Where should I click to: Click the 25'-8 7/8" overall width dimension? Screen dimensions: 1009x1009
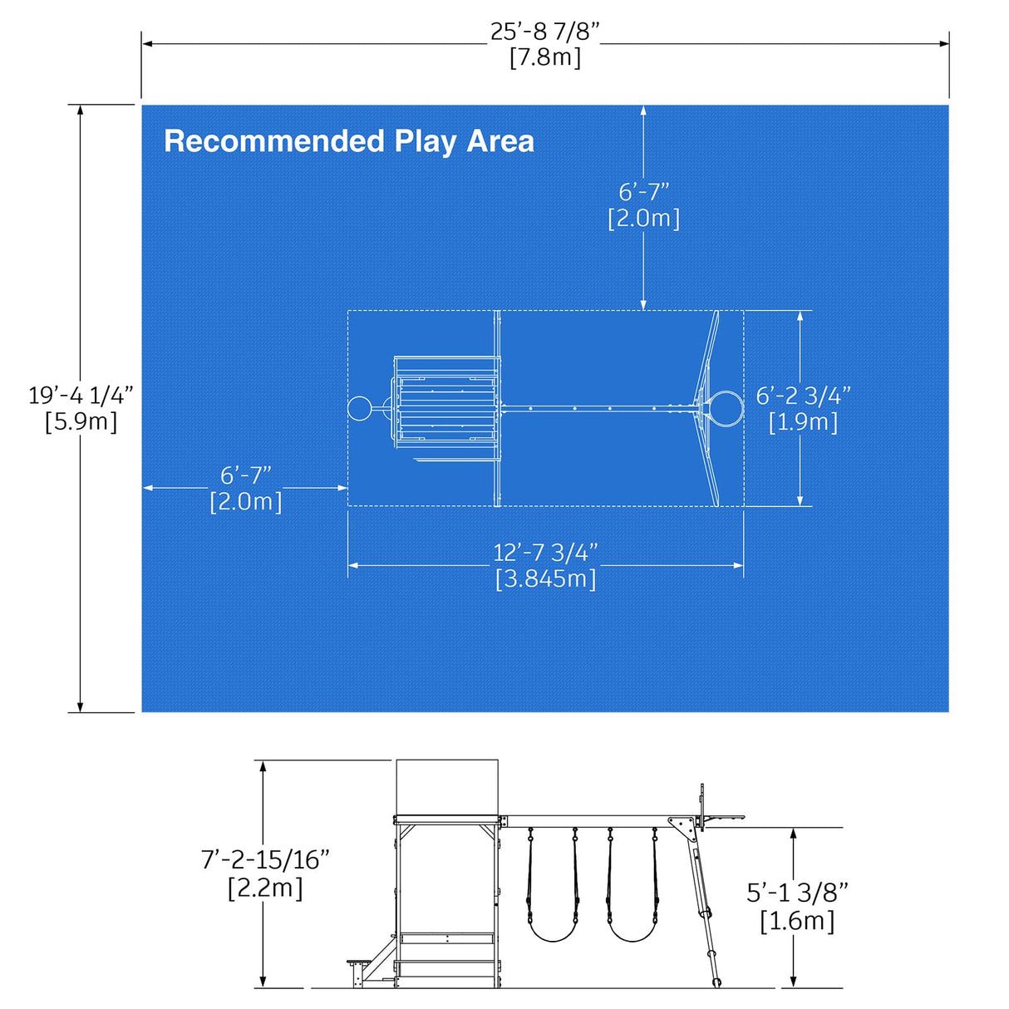click(544, 32)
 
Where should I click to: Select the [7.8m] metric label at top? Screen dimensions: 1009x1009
click(544, 58)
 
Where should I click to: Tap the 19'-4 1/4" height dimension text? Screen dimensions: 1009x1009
click(81, 395)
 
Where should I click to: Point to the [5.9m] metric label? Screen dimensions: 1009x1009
click(81, 421)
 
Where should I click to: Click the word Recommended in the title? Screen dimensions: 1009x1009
click(274, 141)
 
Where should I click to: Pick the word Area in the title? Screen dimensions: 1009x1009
click(500, 141)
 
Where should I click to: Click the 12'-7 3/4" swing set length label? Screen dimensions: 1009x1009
click(545, 553)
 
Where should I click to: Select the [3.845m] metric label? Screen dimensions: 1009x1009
click(545, 578)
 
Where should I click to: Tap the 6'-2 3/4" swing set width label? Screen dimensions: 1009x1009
click(803, 396)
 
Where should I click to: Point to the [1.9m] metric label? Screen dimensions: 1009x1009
click(803, 422)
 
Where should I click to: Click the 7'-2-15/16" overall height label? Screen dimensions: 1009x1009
click(265, 859)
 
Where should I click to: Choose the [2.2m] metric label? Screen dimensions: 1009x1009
click(265, 888)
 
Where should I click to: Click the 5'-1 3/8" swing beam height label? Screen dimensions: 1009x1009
click(797, 893)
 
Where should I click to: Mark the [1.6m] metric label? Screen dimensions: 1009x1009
click(797, 921)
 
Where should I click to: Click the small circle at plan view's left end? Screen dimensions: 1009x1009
click(358, 408)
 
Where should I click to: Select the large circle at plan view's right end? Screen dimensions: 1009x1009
click(725, 408)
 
